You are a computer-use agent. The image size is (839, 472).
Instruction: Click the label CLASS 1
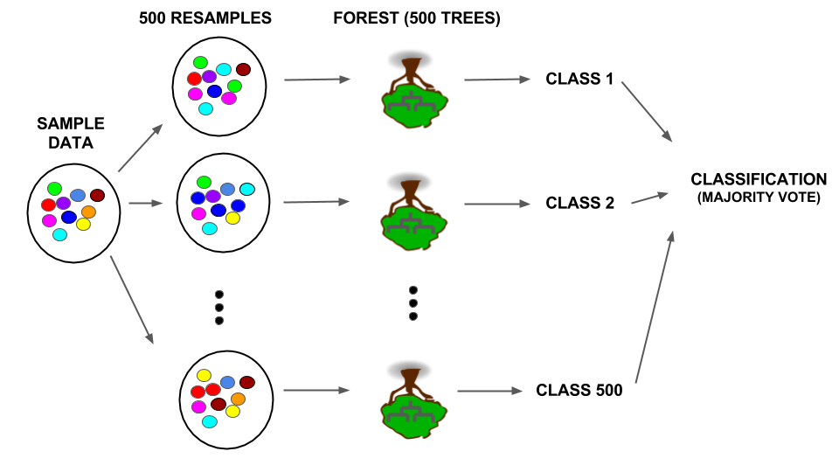579,79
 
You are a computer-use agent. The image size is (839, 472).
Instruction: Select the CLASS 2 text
579,203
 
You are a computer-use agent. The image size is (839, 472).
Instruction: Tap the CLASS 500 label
579,391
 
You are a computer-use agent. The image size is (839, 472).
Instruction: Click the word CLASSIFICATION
758,179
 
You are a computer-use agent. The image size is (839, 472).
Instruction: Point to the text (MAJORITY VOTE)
758,198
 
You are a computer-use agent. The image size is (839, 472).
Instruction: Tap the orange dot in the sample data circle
88,212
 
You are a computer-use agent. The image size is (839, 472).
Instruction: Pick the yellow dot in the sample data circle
84,225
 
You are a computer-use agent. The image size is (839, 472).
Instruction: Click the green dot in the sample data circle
54,188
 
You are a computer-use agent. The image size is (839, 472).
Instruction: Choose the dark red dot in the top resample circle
244,69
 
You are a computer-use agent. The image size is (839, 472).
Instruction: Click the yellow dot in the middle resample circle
232,219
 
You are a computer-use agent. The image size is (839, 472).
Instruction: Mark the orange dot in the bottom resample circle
238,399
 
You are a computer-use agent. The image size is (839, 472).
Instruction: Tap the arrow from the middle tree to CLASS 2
497,205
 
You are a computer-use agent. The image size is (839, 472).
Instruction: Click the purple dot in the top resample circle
210,77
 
